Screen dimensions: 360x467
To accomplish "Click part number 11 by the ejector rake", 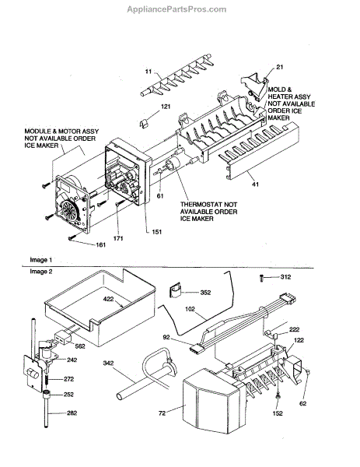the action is (x=149, y=72).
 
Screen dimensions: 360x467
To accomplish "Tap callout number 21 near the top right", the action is (x=280, y=67).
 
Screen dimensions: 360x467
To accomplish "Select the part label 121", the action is (x=166, y=107).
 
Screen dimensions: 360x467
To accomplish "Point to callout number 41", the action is (x=255, y=184).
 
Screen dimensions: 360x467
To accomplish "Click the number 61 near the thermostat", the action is (x=160, y=196).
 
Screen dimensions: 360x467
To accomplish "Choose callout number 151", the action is (x=157, y=232).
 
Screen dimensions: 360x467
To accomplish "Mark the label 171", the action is (x=118, y=238).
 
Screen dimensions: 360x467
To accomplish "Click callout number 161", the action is (x=100, y=245).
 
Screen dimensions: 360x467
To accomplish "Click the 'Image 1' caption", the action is (x=40, y=260).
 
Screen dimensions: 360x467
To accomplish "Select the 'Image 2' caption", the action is (x=40, y=272).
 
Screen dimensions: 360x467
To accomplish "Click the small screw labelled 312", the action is (x=262, y=278).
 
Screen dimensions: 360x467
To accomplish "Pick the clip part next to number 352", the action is (x=175, y=290).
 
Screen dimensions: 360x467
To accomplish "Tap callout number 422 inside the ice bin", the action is (x=108, y=298).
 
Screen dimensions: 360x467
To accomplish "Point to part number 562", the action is (x=80, y=346).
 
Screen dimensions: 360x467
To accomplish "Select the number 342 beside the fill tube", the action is (x=108, y=363).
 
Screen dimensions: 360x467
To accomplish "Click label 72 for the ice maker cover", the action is (x=163, y=413).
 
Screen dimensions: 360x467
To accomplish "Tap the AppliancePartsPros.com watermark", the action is (x=177, y=9).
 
